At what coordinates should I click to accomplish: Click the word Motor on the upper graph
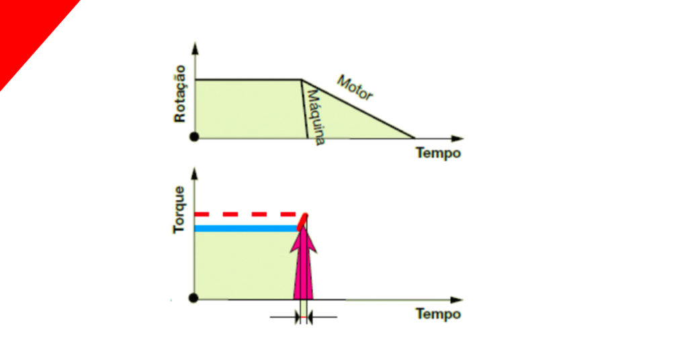coord(355,88)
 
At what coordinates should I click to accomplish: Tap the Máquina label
coord(316,117)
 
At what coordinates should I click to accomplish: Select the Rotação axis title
coord(180,94)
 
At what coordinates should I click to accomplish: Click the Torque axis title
coord(179,210)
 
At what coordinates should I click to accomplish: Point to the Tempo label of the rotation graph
coord(438,153)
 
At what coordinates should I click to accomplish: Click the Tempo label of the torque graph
coord(438,314)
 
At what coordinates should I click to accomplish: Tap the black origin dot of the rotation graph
coord(194,137)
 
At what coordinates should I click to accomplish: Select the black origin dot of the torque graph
coord(193,298)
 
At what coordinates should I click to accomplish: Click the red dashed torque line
coord(248,214)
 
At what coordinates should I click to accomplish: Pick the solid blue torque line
coord(247,228)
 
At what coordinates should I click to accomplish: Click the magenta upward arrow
coord(303,263)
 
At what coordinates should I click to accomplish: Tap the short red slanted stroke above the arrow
coord(302,222)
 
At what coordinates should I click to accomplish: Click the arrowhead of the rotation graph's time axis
coord(457,138)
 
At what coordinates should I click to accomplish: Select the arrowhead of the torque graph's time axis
coord(457,300)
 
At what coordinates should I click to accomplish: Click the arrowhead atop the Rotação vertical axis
coord(196,48)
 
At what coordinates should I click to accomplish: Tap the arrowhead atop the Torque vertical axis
coord(195,174)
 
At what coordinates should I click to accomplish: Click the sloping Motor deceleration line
coord(358,109)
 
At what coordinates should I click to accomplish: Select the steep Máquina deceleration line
coord(304,109)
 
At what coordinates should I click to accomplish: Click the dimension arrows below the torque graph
coord(304,317)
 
